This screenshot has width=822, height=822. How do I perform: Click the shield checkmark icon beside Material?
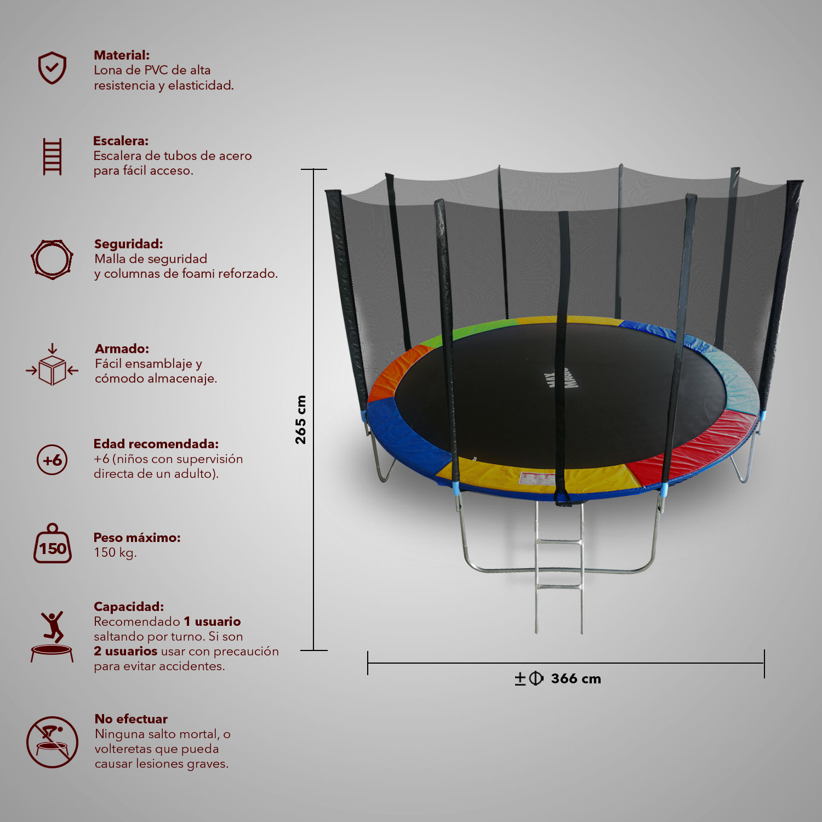coord(52,68)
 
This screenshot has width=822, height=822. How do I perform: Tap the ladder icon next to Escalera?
coord(52,157)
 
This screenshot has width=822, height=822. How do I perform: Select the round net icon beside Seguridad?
coord(52,259)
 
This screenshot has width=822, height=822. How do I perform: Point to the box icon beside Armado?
coord(52,365)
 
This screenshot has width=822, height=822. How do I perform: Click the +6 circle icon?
coord(52,460)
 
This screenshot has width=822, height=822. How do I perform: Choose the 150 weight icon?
coord(53,544)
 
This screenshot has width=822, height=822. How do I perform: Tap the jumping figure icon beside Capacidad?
coord(52,636)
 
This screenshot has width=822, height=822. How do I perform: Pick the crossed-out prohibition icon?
coord(52,742)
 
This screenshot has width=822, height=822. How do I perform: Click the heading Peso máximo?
coord(137,538)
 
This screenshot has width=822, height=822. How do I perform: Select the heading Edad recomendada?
coord(156,444)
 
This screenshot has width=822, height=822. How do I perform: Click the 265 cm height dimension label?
coord(300,420)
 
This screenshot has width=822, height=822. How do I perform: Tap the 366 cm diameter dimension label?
coord(576,678)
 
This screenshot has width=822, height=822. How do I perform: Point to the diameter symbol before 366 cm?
coord(536,678)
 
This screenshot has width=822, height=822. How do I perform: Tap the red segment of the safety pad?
coord(696,447)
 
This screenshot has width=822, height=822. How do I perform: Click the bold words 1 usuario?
coord(212,621)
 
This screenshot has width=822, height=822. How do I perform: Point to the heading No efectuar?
coord(131,719)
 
